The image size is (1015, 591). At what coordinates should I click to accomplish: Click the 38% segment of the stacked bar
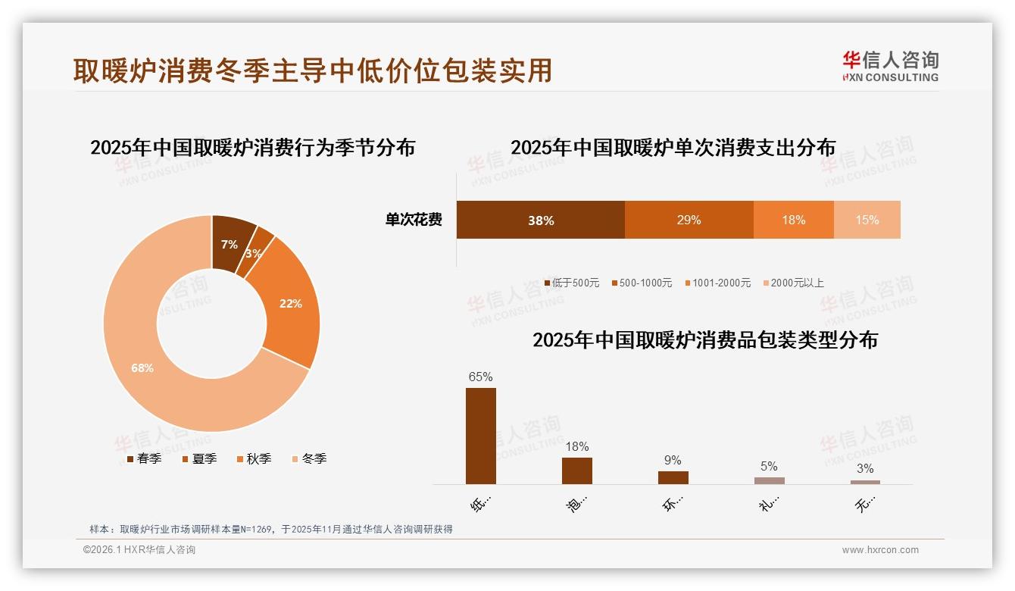pyautogui.click(x=540, y=220)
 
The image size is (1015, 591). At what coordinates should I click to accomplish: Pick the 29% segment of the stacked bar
pyautogui.click(x=689, y=220)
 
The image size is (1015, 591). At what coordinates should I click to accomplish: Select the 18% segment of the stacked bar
pyautogui.click(x=793, y=220)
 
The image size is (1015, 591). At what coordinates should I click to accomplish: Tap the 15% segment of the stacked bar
pyautogui.click(x=867, y=220)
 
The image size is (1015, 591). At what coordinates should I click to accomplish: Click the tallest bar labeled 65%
pyautogui.click(x=480, y=436)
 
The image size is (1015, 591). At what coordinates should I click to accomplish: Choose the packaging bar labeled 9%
pyautogui.click(x=673, y=477)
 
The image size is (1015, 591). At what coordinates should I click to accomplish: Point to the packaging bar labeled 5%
pyautogui.click(x=769, y=480)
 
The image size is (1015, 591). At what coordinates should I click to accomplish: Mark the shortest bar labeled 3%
pyautogui.click(x=865, y=482)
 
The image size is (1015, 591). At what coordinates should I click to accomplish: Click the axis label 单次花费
pyautogui.click(x=414, y=220)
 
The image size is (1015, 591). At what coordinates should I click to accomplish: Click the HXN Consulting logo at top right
pyautogui.click(x=890, y=66)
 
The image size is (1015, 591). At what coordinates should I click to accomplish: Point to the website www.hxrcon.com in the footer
pyautogui.click(x=880, y=550)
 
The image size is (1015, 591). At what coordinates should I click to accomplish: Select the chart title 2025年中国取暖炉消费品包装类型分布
pyautogui.click(x=704, y=340)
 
